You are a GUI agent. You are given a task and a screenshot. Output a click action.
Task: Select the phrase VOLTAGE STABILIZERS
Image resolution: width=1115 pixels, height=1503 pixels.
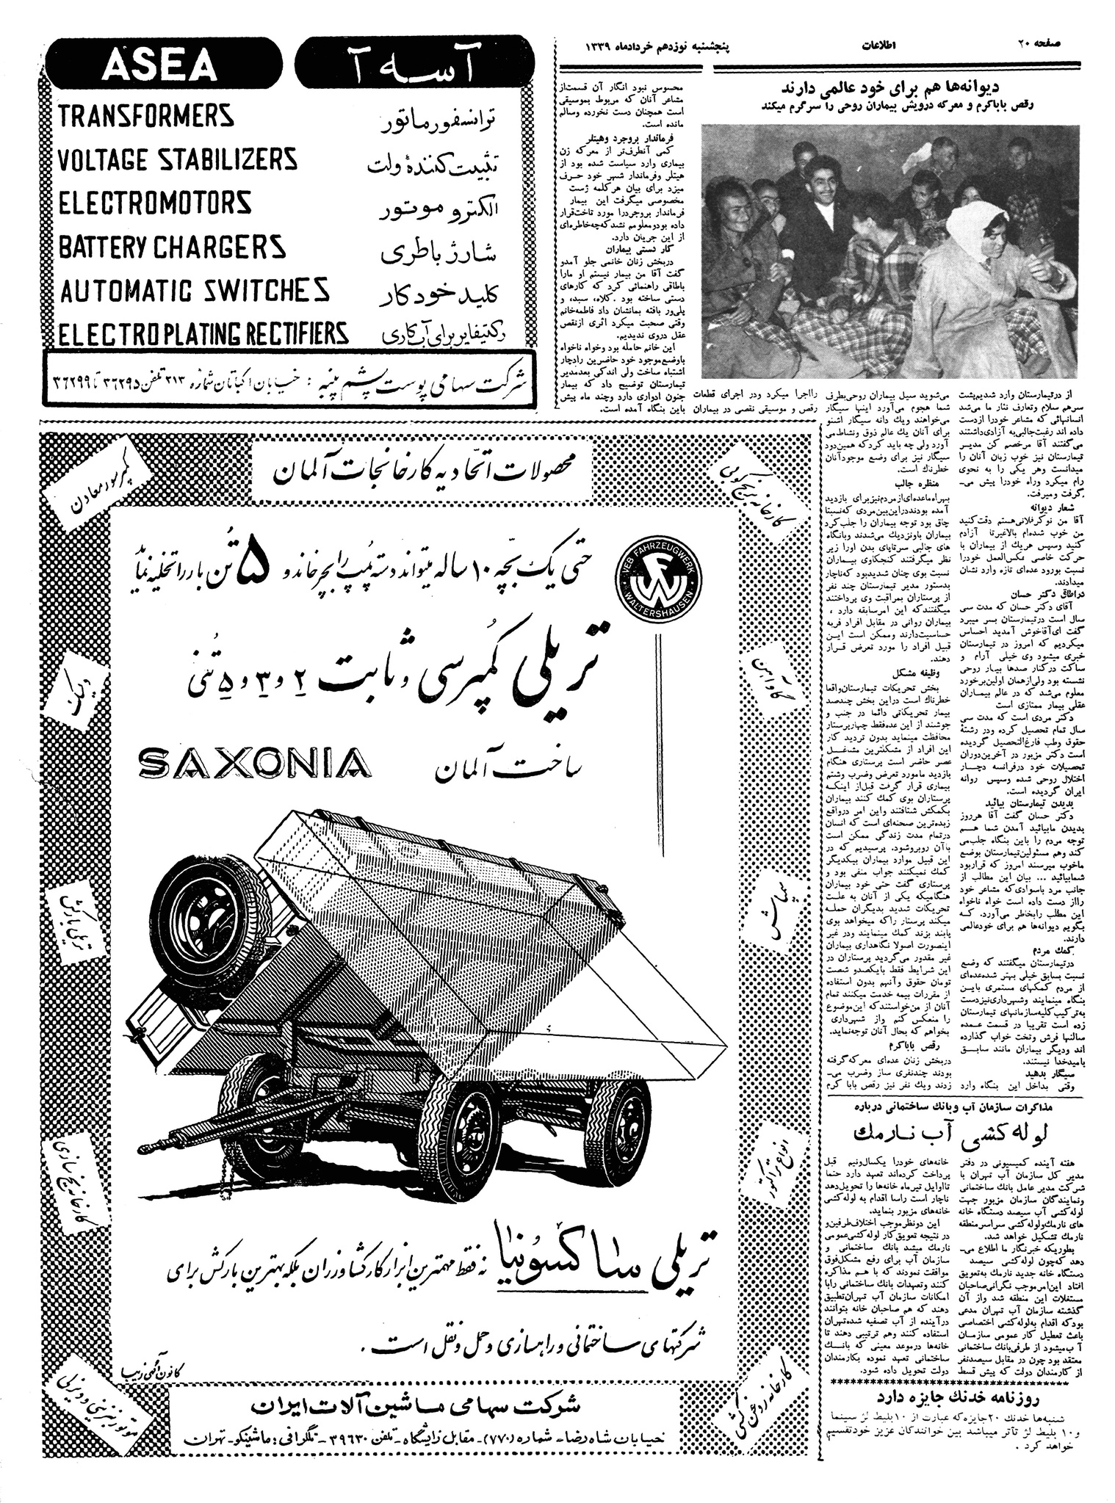coord(177,159)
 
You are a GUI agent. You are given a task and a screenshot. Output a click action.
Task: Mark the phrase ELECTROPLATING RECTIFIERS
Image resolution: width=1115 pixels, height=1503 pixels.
coord(203,334)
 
